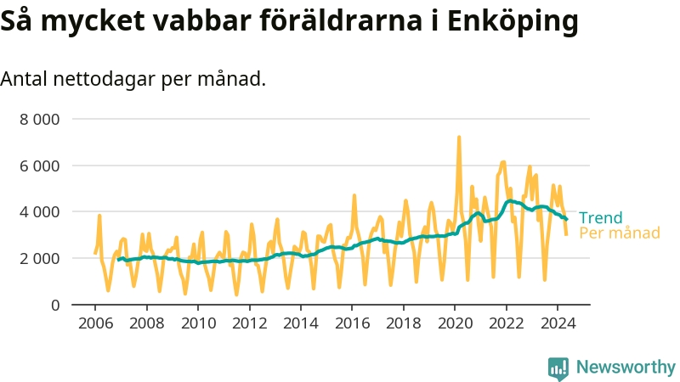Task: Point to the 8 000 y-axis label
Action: coord(39,119)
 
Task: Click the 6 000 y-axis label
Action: coord(39,166)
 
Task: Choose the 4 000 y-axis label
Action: coord(39,211)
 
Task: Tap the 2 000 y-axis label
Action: coord(39,258)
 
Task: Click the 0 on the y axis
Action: coord(54,304)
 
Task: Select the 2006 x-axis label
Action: coord(94,323)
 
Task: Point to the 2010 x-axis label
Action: coord(197,323)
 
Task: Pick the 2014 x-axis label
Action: coord(300,323)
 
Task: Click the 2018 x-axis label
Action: coord(403,323)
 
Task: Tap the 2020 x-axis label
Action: coord(455,323)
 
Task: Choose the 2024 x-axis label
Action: coord(557,323)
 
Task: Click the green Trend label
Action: coord(600,217)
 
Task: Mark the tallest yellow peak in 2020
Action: coord(459,137)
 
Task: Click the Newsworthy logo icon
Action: coord(558,368)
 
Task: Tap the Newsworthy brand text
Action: coord(626,368)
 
